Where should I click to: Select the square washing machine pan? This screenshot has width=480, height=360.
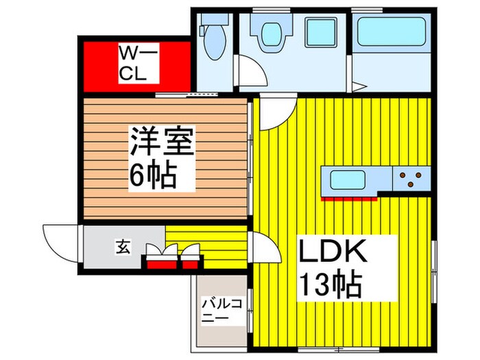[319, 32]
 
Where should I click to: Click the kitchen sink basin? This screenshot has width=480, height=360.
[348, 181]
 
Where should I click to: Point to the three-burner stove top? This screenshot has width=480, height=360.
[412, 180]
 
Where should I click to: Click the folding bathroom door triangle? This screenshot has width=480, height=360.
[362, 86]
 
